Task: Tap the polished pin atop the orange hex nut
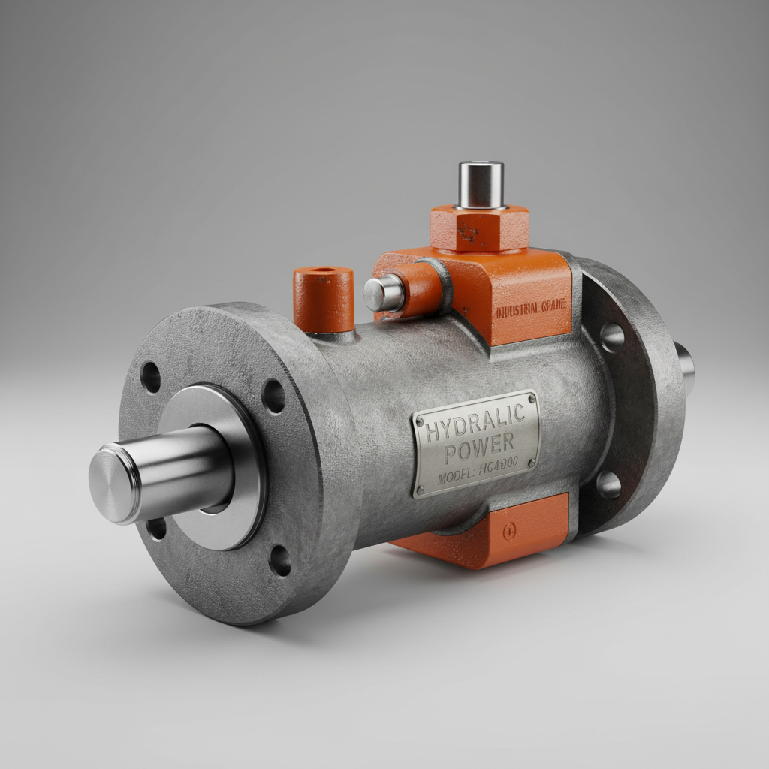click(x=481, y=185)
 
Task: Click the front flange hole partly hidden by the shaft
click(x=157, y=528)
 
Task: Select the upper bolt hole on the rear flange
click(x=612, y=337)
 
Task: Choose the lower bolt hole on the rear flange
click(x=609, y=485)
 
